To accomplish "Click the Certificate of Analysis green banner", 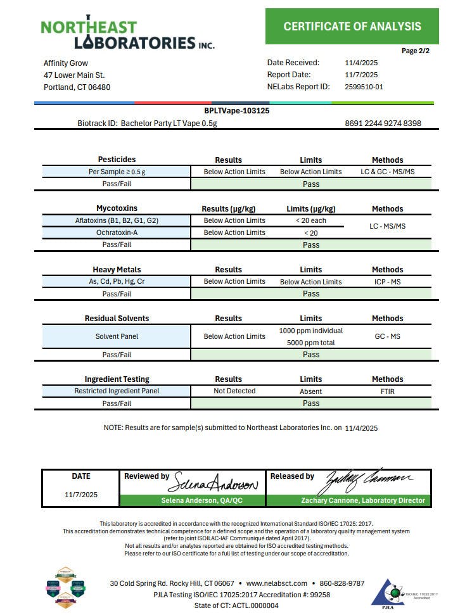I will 352,26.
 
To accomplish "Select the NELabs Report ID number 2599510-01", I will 364,87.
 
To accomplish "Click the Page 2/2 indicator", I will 415,51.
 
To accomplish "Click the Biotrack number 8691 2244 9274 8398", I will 383,124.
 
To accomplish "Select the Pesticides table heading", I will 117,160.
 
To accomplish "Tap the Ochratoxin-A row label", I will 117,232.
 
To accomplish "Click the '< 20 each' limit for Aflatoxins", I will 310,220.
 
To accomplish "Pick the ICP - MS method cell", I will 387,281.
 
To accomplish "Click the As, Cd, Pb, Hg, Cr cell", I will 117,281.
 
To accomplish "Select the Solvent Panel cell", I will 117,336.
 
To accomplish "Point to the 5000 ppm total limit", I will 310,343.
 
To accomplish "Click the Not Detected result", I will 234,391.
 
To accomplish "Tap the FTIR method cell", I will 387,391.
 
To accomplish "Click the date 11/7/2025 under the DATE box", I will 81,495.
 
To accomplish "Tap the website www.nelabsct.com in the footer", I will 276,583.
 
